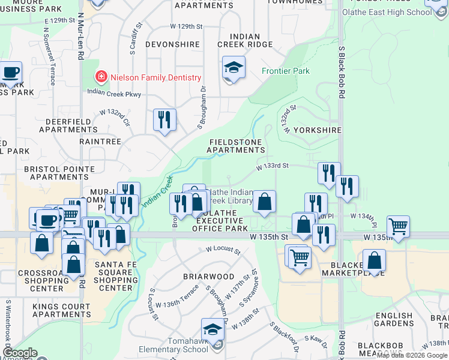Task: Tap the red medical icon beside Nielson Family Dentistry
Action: click(101, 77)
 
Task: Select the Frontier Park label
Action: click(286, 71)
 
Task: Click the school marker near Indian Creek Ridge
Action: click(234, 69)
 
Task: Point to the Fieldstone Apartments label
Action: click(237, 146)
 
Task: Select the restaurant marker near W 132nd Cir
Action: click(164, 119)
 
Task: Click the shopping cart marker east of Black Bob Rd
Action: click(399, 227)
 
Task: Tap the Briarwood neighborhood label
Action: click(209, 277)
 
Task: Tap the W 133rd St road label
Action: click(273, 166)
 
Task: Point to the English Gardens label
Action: click(394, 320)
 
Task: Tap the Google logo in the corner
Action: click(20, 353)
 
